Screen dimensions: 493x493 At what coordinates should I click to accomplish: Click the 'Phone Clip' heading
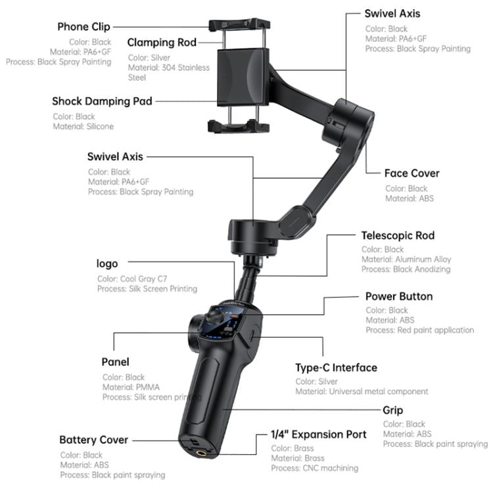(x=83, y=27)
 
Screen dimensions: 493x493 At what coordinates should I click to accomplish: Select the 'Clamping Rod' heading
(x=162, y=43)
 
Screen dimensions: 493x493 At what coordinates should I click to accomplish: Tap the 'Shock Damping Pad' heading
(x=102, y=101)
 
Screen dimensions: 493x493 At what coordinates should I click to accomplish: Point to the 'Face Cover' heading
(x=411, y=174)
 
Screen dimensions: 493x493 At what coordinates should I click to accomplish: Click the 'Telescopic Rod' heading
(x=398, y=235)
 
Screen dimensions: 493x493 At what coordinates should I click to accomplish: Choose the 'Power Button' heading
(x=399, y=296)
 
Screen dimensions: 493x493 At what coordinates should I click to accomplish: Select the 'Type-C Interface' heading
(x=336, y=367)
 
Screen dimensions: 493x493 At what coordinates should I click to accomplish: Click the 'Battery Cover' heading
(x=93, y=440)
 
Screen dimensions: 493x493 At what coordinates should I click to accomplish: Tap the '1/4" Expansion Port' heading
(x=319, y=434)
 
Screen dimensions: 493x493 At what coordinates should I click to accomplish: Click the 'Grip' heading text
(x=393, y=410)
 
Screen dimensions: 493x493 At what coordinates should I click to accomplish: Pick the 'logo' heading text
(x=107, y=264)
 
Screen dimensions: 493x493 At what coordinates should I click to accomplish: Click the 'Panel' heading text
(x=115, y=362)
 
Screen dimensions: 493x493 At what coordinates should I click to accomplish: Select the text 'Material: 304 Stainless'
(x=169, y=67)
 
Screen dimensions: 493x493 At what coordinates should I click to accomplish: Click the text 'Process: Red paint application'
(x=419, y=330)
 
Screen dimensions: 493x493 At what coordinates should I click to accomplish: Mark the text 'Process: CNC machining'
(x=314, y=468)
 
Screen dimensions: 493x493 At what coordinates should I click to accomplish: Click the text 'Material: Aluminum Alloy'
(x=406, y=260)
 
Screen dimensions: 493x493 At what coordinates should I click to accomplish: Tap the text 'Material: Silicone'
(x=83, y=126)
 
